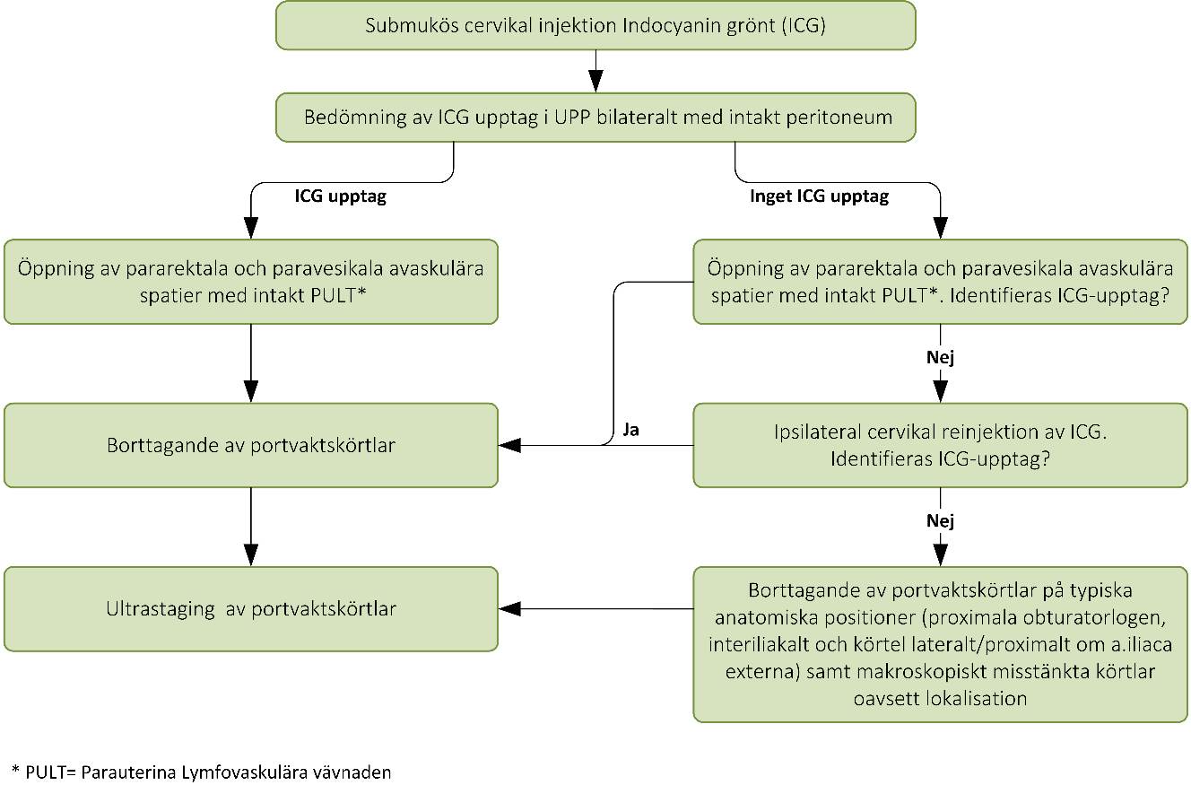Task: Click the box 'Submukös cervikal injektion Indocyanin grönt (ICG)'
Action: (595, 25)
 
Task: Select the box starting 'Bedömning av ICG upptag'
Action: (595, 118)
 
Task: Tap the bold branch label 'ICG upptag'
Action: (341, 196)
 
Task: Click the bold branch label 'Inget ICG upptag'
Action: (819, 196)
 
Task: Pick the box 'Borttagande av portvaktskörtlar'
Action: (250, 445)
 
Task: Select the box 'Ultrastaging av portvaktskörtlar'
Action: (250, 609)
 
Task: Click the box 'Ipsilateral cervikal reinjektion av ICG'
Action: (940, 445)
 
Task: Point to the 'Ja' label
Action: (630, 431)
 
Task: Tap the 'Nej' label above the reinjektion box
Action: (940, 358)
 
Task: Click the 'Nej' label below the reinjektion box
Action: (940, 521)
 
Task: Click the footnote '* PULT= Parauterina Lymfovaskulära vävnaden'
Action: (202, 772)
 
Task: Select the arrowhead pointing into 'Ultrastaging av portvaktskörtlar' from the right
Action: (510, 609)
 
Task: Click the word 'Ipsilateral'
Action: (818, 432)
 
